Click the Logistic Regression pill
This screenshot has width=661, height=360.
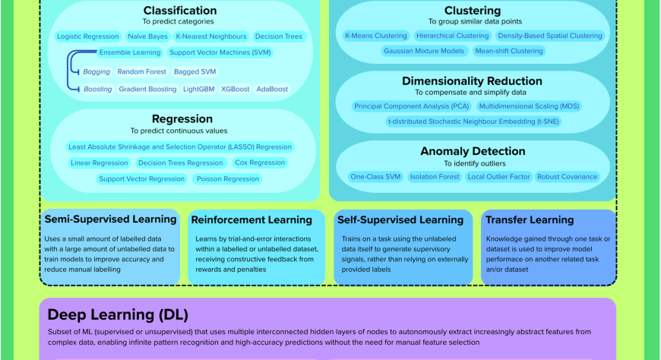pyautogui.click(x=88, y=36)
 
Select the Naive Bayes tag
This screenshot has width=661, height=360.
pyautogui.click(x=147, y=36)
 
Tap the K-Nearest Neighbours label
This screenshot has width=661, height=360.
pyautogui.click(x=210, y=36)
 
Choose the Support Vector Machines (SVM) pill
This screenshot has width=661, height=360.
pyautogui.click(x=220, y=53)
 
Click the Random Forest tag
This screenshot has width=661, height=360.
pyautogui.click(x=141, y=72)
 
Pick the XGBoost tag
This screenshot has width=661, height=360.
pyautogui.click(x=235, y=89)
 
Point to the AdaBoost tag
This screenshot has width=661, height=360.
pyautogui.click(x=272, y=89)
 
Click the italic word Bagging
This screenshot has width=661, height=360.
pyautogui.click(x=96, y=72)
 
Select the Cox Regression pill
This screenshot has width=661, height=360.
pyautogui.click(x=260, y=163)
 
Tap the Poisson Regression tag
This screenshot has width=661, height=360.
pyautogui.click(x=227, y=179)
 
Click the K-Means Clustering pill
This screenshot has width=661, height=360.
pyautogui.click(x=375, y=36)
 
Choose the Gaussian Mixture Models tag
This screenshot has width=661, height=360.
pyautogui.click(x=424, y=52)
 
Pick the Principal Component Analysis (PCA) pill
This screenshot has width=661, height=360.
pyautogui.click(x=412, y=106)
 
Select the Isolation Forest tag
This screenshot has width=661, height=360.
pyautogui.click(x=434, y=177)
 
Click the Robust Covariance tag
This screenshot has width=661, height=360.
pyautogui.click(x=567, y=177)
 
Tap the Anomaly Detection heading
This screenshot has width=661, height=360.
pyautogui.click(x=473, y=152)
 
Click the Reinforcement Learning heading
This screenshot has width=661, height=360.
pyautogui.click(x=251, y=220)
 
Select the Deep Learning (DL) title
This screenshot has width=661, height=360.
pyautogui.click(x=118, y=314)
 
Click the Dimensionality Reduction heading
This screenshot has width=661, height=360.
pyautogui.click(x=472, y=81)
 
